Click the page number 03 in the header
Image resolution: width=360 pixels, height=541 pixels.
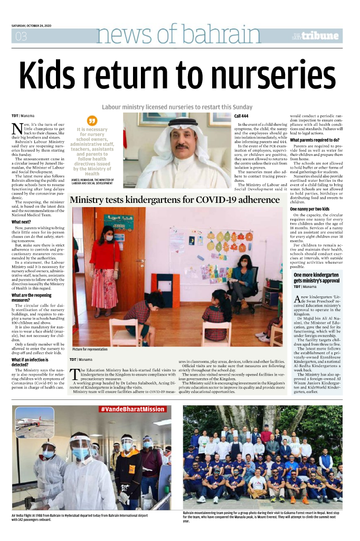click(x=21, y=36)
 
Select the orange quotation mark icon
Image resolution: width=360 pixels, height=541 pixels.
click(x=92, y=121)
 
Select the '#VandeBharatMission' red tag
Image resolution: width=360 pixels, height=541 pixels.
click(x=132, y=409)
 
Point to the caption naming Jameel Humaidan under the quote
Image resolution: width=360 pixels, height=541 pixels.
click(x=92, y=182)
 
